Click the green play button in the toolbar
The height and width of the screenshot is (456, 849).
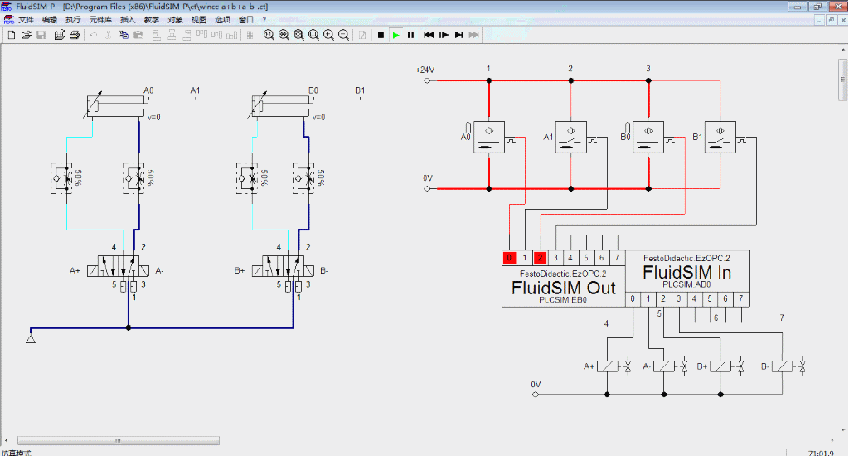tap(395, 35)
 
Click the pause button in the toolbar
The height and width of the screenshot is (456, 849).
tap(410, 35)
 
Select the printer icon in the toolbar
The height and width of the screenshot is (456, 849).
tap(75, 35)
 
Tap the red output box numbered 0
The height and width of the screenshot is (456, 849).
tap(509, 258)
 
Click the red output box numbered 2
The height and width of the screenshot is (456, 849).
tap(540, 258)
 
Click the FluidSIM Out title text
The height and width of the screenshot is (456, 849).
tap(563, 288)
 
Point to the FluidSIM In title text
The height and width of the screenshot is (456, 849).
tap(686, 272)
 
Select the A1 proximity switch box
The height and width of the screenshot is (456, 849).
tap(571, 137)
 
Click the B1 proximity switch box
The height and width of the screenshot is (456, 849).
tap(720, 137)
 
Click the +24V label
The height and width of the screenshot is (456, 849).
tap(424, 70)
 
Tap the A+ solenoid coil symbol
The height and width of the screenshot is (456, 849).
tap(609, 366)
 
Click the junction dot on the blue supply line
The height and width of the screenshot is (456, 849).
tap(129, 327)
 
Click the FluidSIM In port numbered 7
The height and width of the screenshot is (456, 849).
tap(740, 298)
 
